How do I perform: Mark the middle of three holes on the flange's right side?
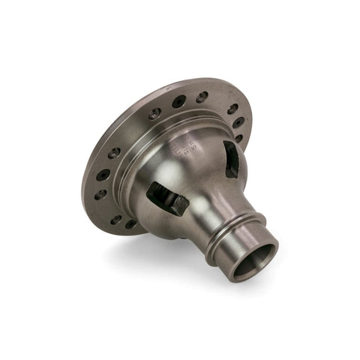click(238, 123)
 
